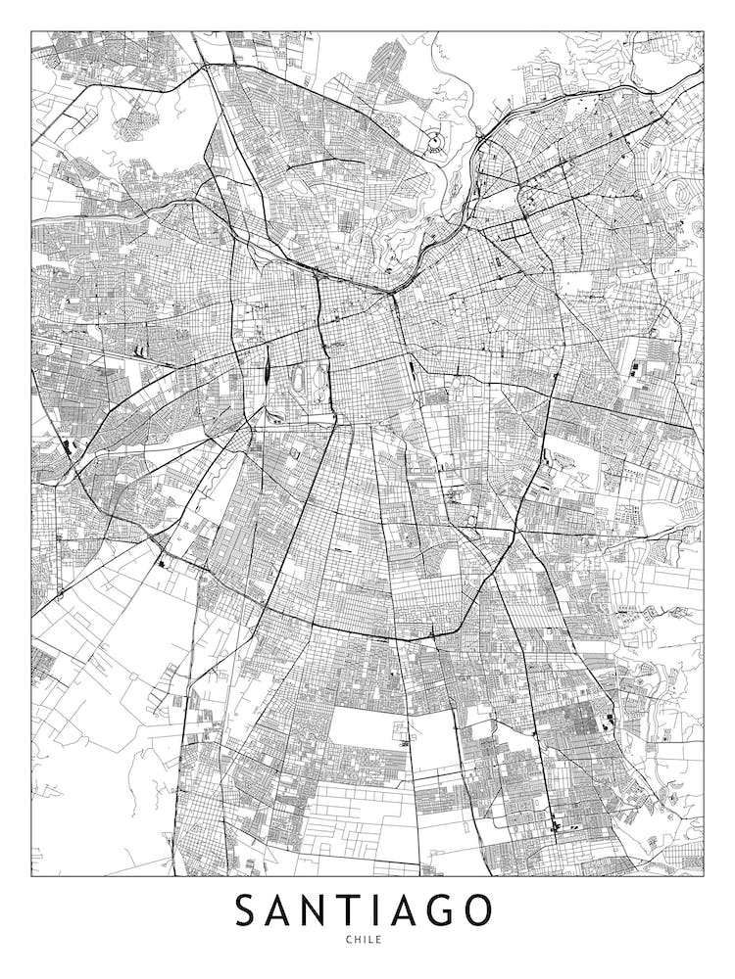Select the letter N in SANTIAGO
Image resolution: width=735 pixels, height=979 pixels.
coord(317,910)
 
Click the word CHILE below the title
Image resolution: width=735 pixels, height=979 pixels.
coord(364,941)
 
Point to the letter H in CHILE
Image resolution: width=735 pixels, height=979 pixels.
coord(357,941)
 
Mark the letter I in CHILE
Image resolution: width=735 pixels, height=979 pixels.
coord(364,941)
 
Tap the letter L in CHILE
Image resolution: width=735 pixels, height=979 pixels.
coord(370,941)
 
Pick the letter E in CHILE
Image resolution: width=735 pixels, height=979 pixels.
coord(379,941)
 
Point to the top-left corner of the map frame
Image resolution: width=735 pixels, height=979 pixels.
coord(31,31)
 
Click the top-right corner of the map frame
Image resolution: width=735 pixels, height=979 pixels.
coord(704,31)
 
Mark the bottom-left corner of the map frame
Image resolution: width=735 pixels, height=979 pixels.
coord(31,875)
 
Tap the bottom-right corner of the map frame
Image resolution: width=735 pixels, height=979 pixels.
coord(704,875)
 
